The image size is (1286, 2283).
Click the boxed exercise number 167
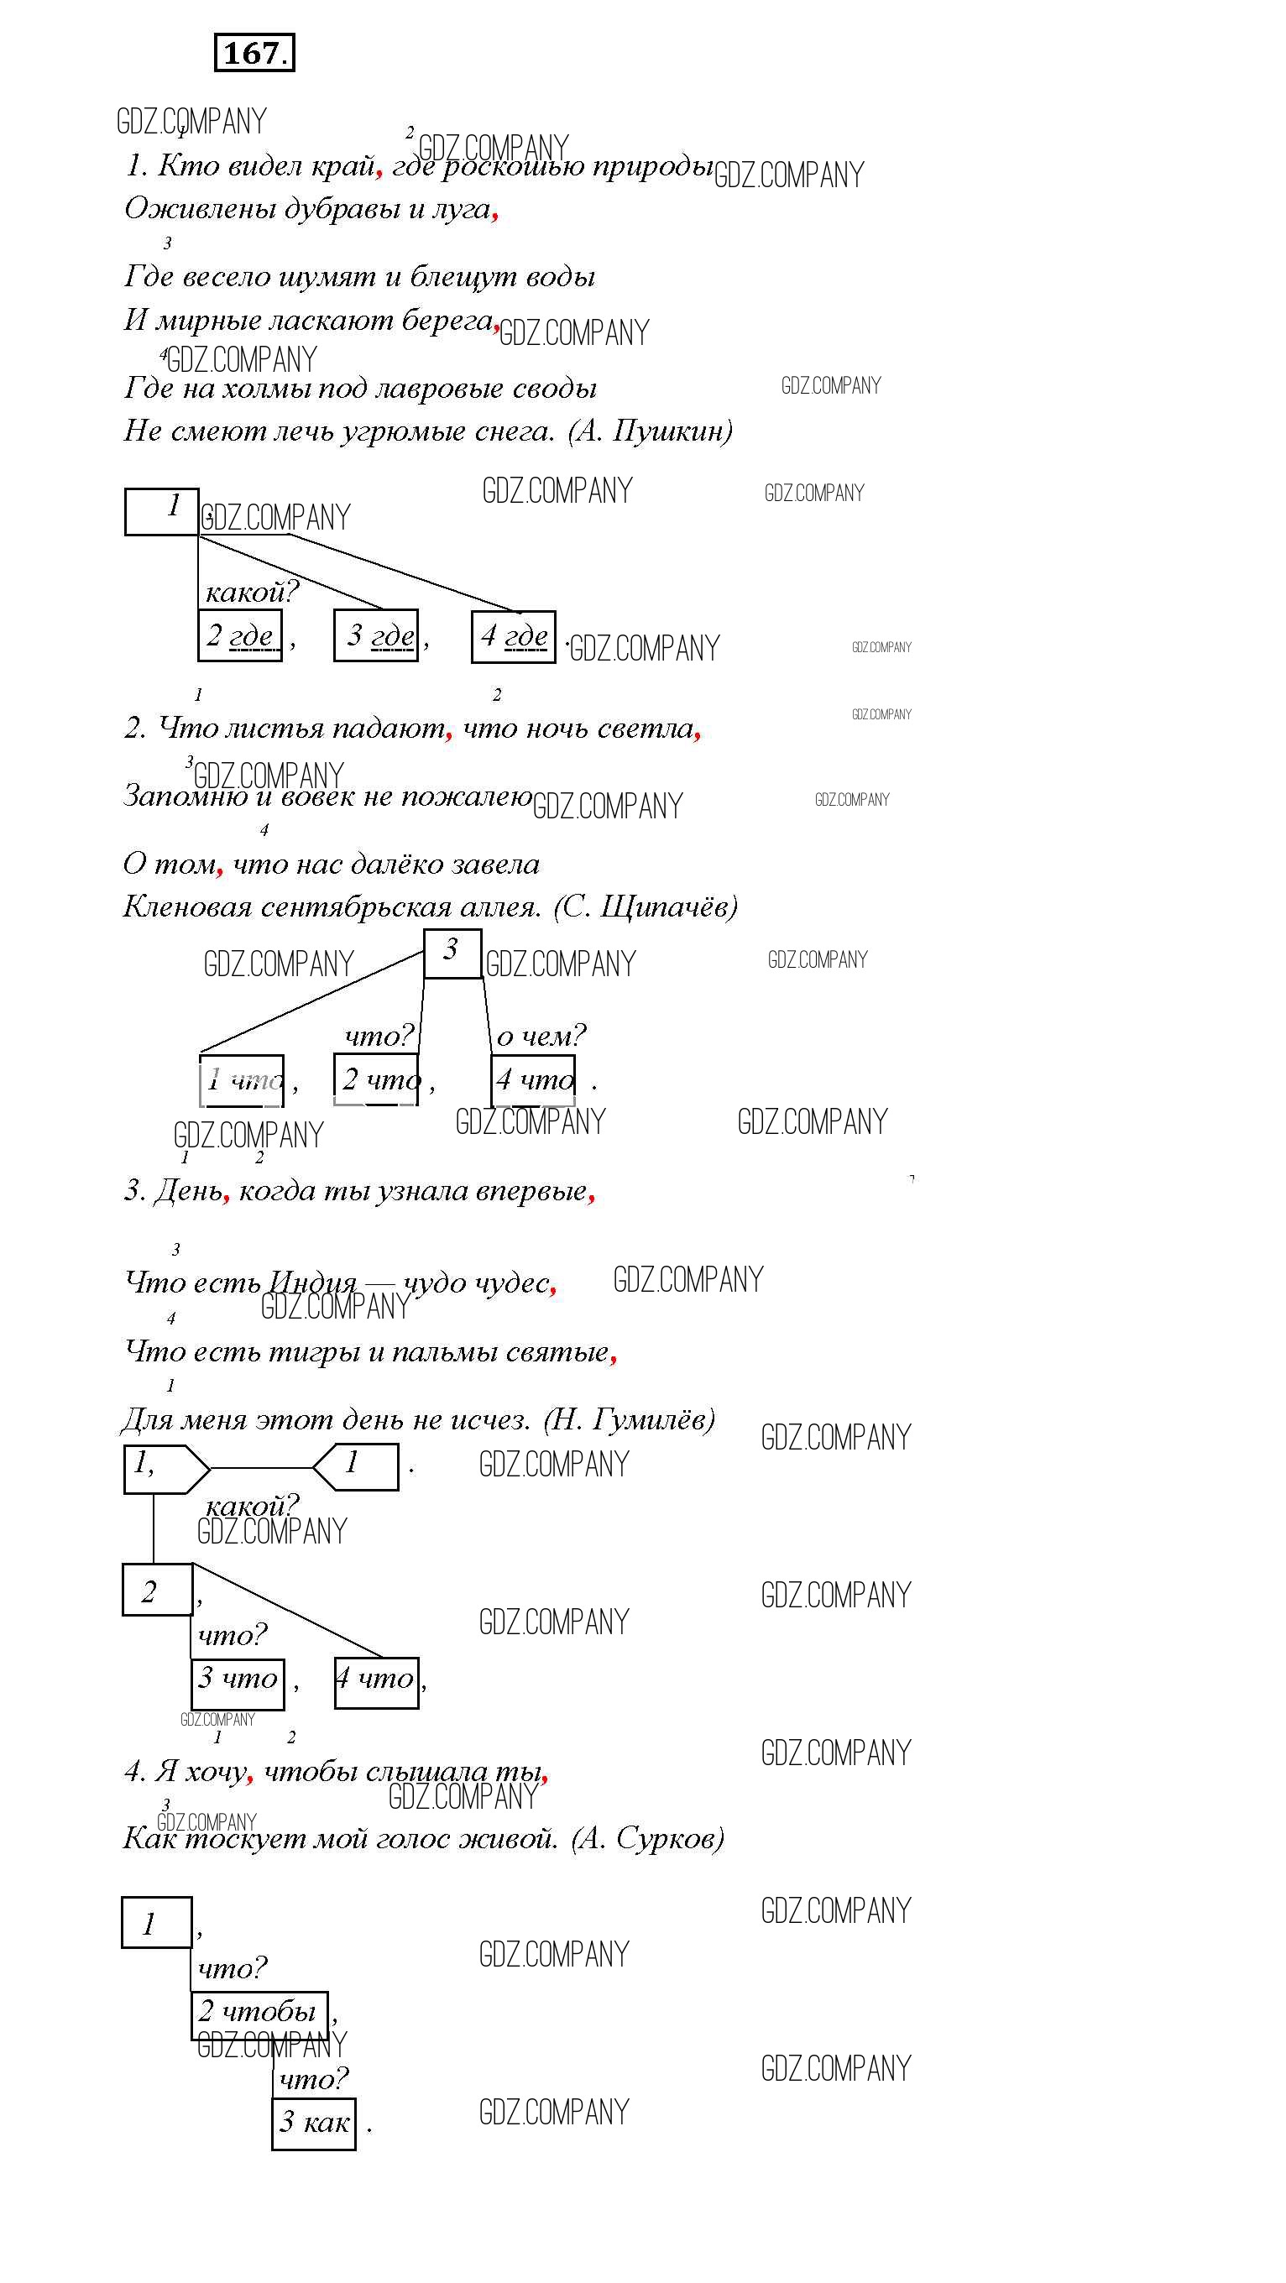[x=254, y=53]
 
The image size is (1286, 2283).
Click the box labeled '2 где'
[x=240, y=635]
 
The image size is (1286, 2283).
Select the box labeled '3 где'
[x=377, y=635]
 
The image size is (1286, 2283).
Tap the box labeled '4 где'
[x=514, y=636]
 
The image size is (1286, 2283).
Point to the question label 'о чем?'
[x=541, y=1035]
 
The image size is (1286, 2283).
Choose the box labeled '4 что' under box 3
[x=534, y=1079]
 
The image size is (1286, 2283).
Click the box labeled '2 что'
[x=376, y=1079]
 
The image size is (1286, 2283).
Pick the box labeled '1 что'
[x=242, y=1079]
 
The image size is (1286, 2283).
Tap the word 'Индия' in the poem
[x=311, y=1283]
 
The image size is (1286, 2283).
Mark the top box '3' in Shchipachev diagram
[x=452, y=953]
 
